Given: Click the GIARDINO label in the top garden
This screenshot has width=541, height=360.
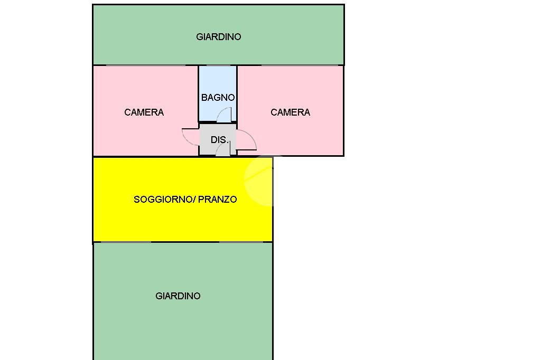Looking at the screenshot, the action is coord(218,37).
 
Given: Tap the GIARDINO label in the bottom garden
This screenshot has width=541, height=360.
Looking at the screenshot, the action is coord(178,296).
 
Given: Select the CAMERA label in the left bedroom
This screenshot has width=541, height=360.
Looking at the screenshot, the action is coord(144,112).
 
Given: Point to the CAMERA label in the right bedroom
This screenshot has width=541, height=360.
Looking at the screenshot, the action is coord(290,112).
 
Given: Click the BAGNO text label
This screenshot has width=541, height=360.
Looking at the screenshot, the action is coord(218,98).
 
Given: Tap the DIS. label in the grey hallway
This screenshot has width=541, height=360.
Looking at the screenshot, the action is coord(219,140).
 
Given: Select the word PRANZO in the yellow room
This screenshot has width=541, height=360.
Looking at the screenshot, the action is coord(217,200).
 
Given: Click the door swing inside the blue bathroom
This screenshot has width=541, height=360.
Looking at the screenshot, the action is coord(224,115).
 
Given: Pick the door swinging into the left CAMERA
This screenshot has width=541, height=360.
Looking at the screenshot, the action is coord(190,137).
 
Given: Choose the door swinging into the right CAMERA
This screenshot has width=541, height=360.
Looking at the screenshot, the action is coord(246,140).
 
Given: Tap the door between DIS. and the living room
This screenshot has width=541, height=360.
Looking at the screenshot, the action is coord(223,149).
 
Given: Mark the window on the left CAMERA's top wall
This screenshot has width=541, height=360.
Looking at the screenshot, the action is coord(146,65).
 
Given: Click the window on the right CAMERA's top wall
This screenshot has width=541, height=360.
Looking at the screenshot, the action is coord(300,65).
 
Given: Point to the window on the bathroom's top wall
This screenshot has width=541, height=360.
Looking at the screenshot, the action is coord(218,65).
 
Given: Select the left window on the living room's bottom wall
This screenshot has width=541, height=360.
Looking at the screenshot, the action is coord(126,242).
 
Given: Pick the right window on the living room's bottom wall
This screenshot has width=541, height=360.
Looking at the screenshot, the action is coord(241,242).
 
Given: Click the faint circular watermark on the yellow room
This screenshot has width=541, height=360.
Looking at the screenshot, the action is coord(259,180).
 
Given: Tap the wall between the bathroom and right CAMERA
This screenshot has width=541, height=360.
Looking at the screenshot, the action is coord(237,93).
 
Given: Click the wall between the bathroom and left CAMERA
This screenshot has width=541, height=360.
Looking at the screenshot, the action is coord(199,93).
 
